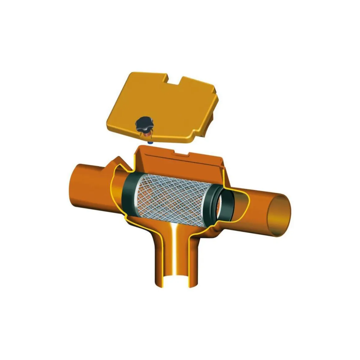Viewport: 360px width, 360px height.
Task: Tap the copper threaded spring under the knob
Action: click(x=146, y=135)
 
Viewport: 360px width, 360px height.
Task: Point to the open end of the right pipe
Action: click(x=281, y=214)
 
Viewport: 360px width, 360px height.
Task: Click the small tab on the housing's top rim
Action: click(x=181, y=153)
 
